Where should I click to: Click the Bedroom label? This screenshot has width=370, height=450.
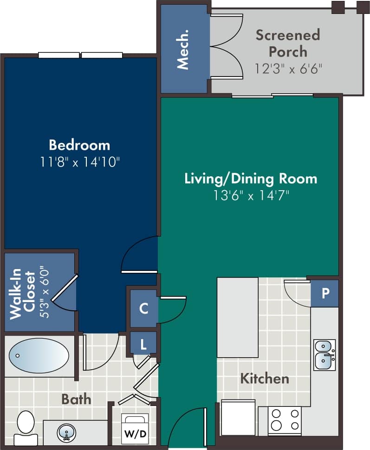coord(79,145)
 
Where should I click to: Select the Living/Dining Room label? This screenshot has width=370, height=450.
coord(251,179)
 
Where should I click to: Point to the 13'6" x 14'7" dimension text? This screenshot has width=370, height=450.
coord(251,195)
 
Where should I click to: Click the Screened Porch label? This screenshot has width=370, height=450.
coord(288,43)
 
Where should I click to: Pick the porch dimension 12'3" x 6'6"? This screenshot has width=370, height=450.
coord(288,69)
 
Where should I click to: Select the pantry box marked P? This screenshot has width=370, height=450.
coord(325,293)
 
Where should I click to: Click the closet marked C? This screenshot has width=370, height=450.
coord(144,309)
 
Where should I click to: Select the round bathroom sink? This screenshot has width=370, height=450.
coord(67,433)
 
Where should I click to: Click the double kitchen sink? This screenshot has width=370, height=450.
coord(325,354)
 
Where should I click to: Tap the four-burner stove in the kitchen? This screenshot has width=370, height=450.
coord(285,420)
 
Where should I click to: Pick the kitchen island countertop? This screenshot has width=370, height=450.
coord(238,317)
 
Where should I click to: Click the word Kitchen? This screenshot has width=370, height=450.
coord(264,379)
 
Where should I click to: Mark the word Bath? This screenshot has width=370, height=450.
coord(76,399)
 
